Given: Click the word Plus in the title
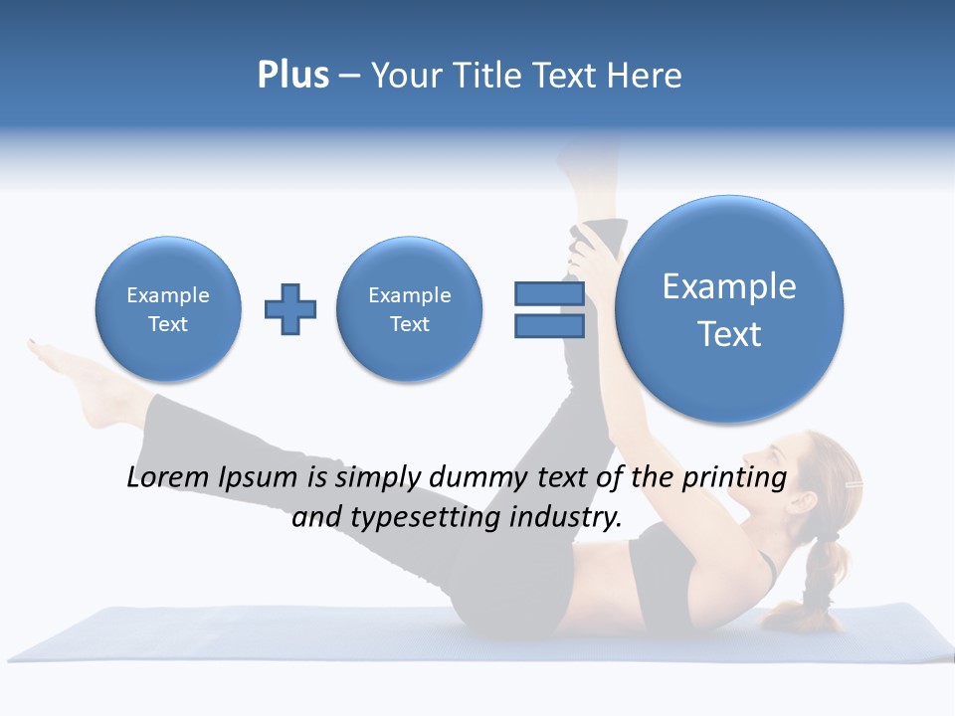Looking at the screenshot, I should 292,76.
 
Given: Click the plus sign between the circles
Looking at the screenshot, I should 290,309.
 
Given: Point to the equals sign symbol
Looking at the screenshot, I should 549,309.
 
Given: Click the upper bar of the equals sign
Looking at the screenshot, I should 549,293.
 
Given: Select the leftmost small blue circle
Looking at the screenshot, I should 168,309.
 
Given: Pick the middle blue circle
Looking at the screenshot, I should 410,309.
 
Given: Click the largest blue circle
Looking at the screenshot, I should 729,309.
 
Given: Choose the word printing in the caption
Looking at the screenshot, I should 735,478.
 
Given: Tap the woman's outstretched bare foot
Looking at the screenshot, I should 85,378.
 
